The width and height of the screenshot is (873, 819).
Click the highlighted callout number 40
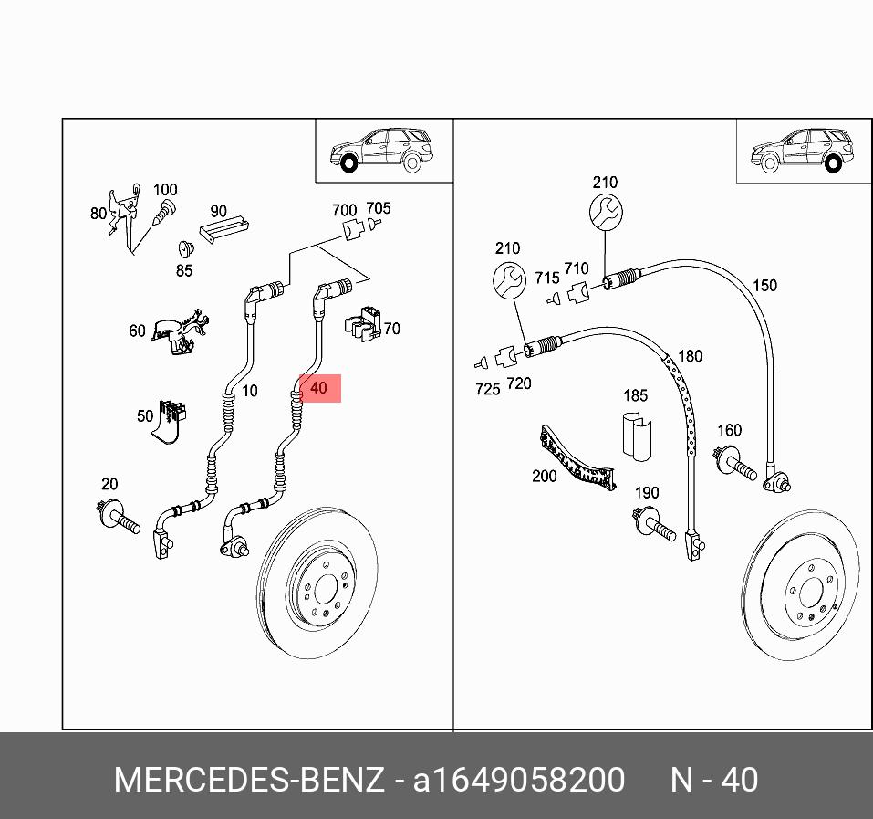pyautogui.click(x=318, y=388)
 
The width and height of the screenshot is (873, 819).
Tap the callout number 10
pyautogui.click(x=249, y=391)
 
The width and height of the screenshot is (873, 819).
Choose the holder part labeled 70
pyautogui.click(x=364, y=323)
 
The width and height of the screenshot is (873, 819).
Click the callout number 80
pyautogui.click(x=99, y=214)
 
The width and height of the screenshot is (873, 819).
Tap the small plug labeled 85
pyautogui.click(x=184, y=249)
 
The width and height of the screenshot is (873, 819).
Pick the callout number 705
pyautogui.click(x=378, y=208)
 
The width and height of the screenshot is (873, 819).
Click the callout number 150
pyautogui.click(x=764, y=286)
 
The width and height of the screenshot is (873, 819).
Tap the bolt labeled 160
pyautogui.click(x=735, y=461)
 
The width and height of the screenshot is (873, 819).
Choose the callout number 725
pyautogui.click(x=487, y=389)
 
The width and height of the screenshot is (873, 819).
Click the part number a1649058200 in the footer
pyautogui.click(x=519, y=780)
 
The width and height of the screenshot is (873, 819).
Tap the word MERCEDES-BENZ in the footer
pyautogui.click(x=249, y=780)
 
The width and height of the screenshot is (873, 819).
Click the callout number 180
pyautogui.click(x=691, y=355)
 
